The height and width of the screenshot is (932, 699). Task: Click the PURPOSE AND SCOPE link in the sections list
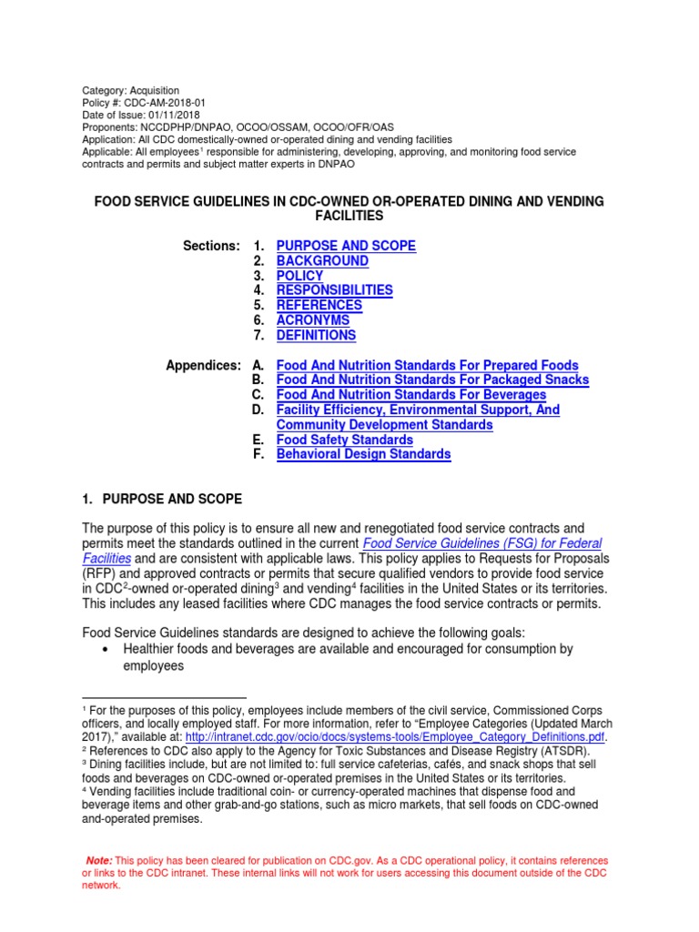pos(346,246)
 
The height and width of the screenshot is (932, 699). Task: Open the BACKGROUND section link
pos(322,261)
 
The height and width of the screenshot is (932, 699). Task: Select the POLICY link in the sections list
pos(299,276)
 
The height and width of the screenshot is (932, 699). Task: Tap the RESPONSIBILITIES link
pos(334,290)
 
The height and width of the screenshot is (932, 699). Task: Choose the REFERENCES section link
pos(319,305)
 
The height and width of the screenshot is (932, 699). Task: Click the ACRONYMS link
pos(312,320)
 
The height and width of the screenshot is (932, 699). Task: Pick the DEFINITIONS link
pos(316,335)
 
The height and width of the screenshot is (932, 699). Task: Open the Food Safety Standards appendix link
pos(344,440)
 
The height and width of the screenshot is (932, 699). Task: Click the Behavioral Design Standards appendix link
pos(363,454)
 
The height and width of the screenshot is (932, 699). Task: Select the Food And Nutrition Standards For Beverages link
pos(410,395)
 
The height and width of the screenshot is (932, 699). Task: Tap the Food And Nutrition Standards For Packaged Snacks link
pos(432,380)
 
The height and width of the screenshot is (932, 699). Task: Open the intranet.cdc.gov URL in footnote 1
pos(396,736)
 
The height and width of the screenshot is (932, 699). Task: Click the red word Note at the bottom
pos(98,860)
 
